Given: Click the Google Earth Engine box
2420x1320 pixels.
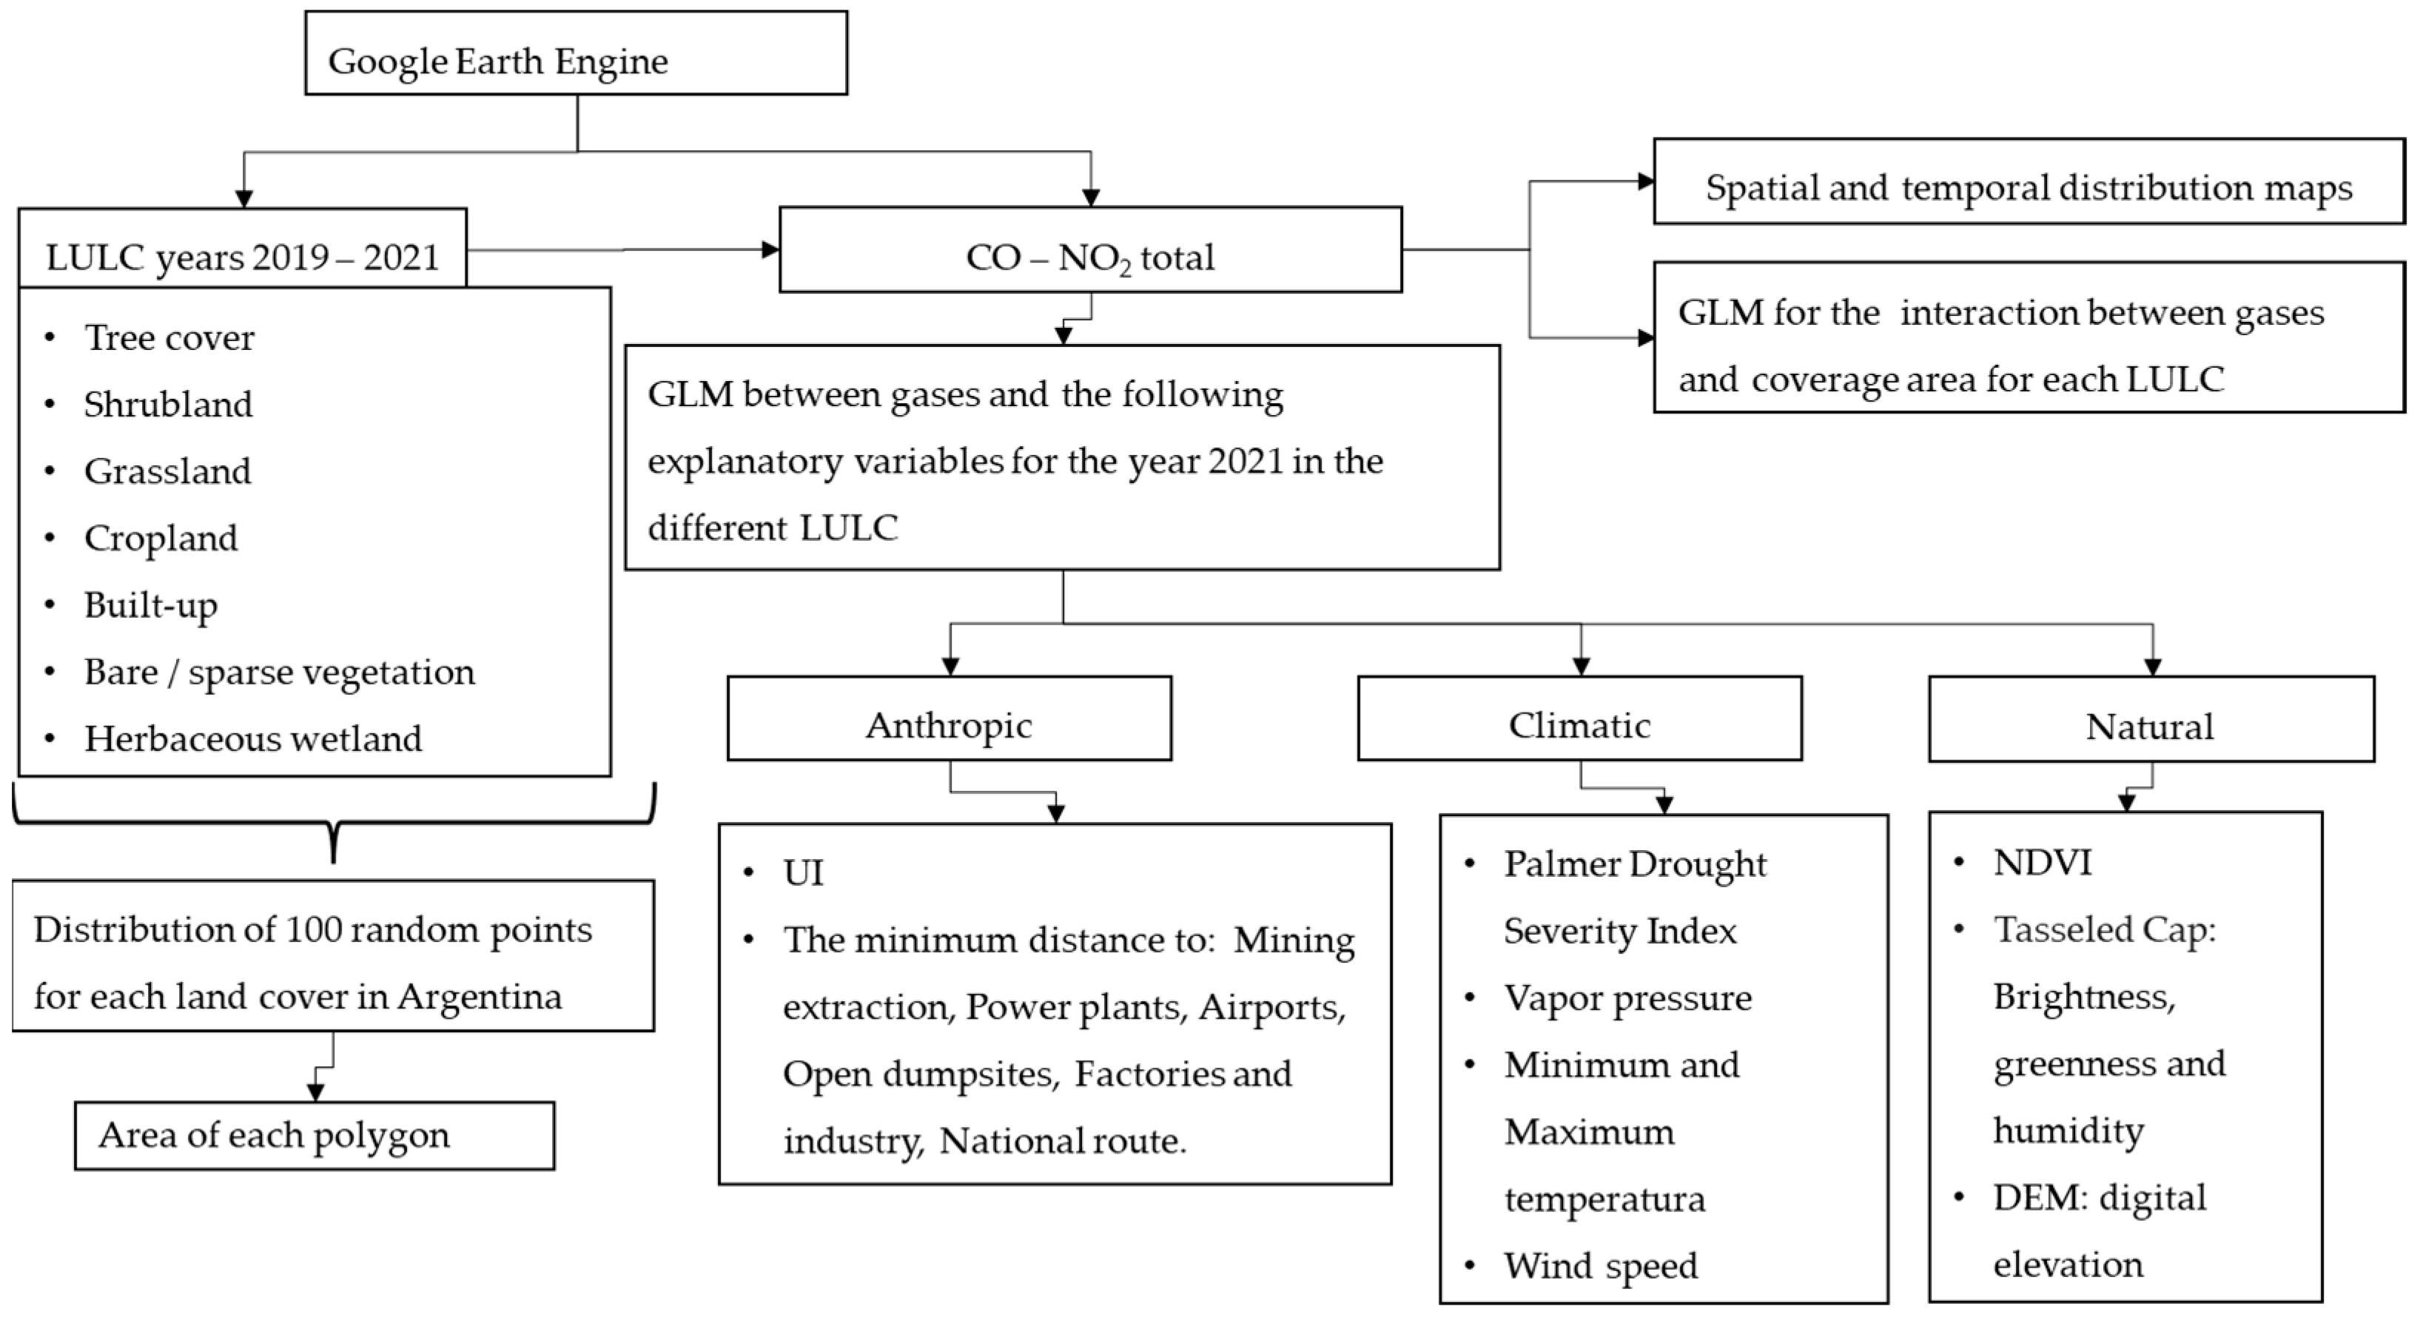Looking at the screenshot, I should [x=576, y=53].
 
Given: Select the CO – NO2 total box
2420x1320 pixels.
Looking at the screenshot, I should [x=1090, y=250].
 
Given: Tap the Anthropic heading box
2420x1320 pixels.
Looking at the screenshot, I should [x=949, y=718].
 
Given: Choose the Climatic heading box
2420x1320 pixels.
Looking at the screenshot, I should [x=1579, y=718].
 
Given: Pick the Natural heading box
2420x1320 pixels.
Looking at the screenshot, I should [x=2151, y=720].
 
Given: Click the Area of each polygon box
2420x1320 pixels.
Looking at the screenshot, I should [x=314, y=1136].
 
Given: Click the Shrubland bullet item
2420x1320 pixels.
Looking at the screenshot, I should [x=168, y=405].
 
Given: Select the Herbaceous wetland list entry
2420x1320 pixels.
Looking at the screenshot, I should [x=252, y=739].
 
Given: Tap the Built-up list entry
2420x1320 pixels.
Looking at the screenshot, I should [x=150, y=606].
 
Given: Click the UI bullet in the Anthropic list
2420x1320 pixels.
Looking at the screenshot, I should [x=802, y=874].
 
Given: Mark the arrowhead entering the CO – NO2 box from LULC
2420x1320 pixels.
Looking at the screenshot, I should [x=770, y=250].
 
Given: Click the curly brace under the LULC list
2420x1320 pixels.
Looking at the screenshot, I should [x=334, y=823].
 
